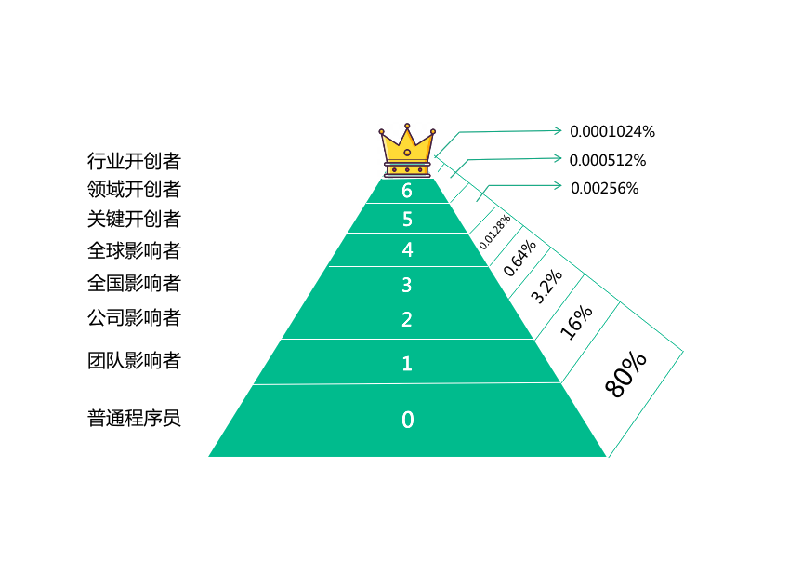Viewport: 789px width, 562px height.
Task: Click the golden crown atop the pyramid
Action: tap(407, 150)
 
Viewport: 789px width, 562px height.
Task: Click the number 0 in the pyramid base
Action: tap(407, 420)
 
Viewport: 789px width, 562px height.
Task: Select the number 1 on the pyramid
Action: tap(407, 363)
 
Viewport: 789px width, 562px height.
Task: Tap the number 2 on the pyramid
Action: tap(407, 320)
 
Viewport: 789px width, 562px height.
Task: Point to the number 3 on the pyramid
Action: tap(407, 284)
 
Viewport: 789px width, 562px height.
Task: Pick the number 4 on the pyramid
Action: tap(407, 249)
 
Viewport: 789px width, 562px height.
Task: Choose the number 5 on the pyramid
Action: tap(407, 220)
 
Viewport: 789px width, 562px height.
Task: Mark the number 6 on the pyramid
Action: tap(407, 191)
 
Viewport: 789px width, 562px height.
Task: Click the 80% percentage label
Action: tap(625, 374)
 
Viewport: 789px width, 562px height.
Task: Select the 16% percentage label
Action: tap(576, 323)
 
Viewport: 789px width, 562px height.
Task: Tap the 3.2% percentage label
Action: tap(546, 287)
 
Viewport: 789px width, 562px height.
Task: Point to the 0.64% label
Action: tap(519, 258)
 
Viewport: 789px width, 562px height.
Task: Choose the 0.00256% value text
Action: tap(604, 188)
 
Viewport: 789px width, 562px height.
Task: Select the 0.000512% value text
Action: tap(608, 160)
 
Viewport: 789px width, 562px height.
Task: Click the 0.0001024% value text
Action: tap(612, 131)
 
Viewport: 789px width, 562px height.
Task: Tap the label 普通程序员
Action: tap(134, 418)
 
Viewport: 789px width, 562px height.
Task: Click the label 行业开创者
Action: tap(134, 160)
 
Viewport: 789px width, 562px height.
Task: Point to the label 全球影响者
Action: tap(134, 251)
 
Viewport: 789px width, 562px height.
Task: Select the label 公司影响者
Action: tap(134, 317)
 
